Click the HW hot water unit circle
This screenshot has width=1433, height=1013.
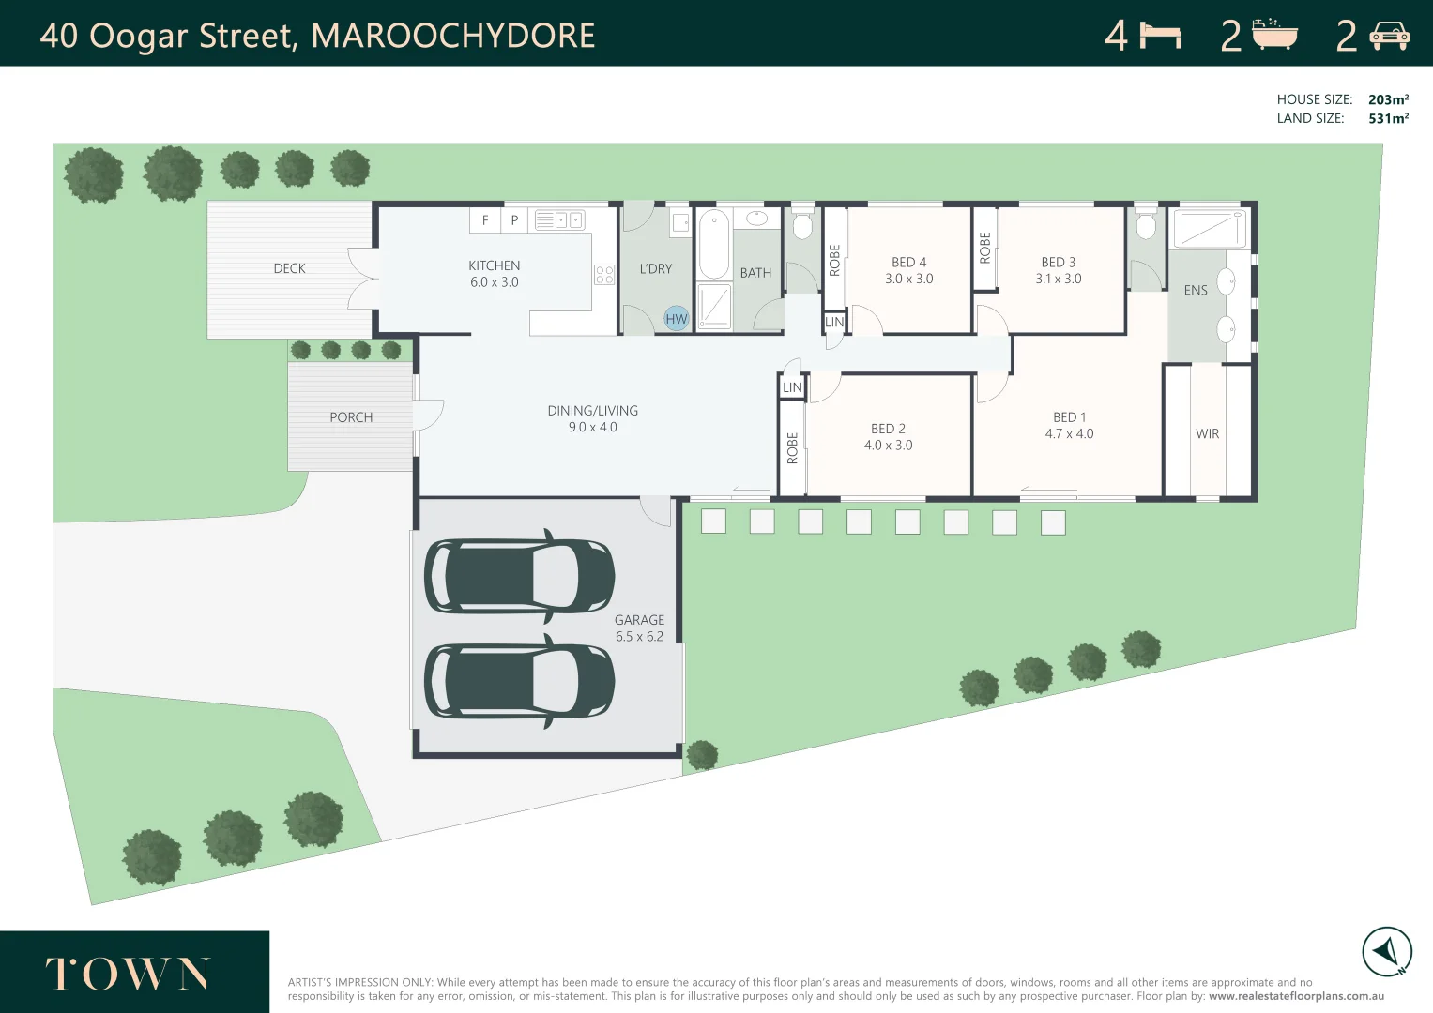pos(677,319)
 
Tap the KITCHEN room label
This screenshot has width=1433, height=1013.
pos(495,266)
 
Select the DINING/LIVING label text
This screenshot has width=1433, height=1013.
pos(592,411)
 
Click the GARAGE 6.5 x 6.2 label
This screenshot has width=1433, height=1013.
pos(639,627)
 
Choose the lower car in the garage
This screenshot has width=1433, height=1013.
pos(519,680)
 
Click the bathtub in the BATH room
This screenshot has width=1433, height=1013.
pos(713,244)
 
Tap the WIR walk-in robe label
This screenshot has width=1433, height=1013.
pos(1207,434)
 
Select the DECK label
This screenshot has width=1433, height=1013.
pos(289,268)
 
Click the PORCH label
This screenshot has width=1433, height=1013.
pos(351,417)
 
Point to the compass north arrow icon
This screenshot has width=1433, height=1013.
pos(1387,952)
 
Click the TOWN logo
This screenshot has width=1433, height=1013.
pos(129,975)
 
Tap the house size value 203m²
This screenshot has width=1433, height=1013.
pos(1388,99)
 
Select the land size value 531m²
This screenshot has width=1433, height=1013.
pos(1388,118)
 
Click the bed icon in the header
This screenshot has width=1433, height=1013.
pos(1160,36)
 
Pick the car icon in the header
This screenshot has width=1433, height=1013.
pos(1389,36)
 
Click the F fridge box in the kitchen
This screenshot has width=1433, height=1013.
pos(484,220)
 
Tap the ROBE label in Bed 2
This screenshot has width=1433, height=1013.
pos(792,447)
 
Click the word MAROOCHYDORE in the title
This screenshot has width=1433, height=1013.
pos(452,36)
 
